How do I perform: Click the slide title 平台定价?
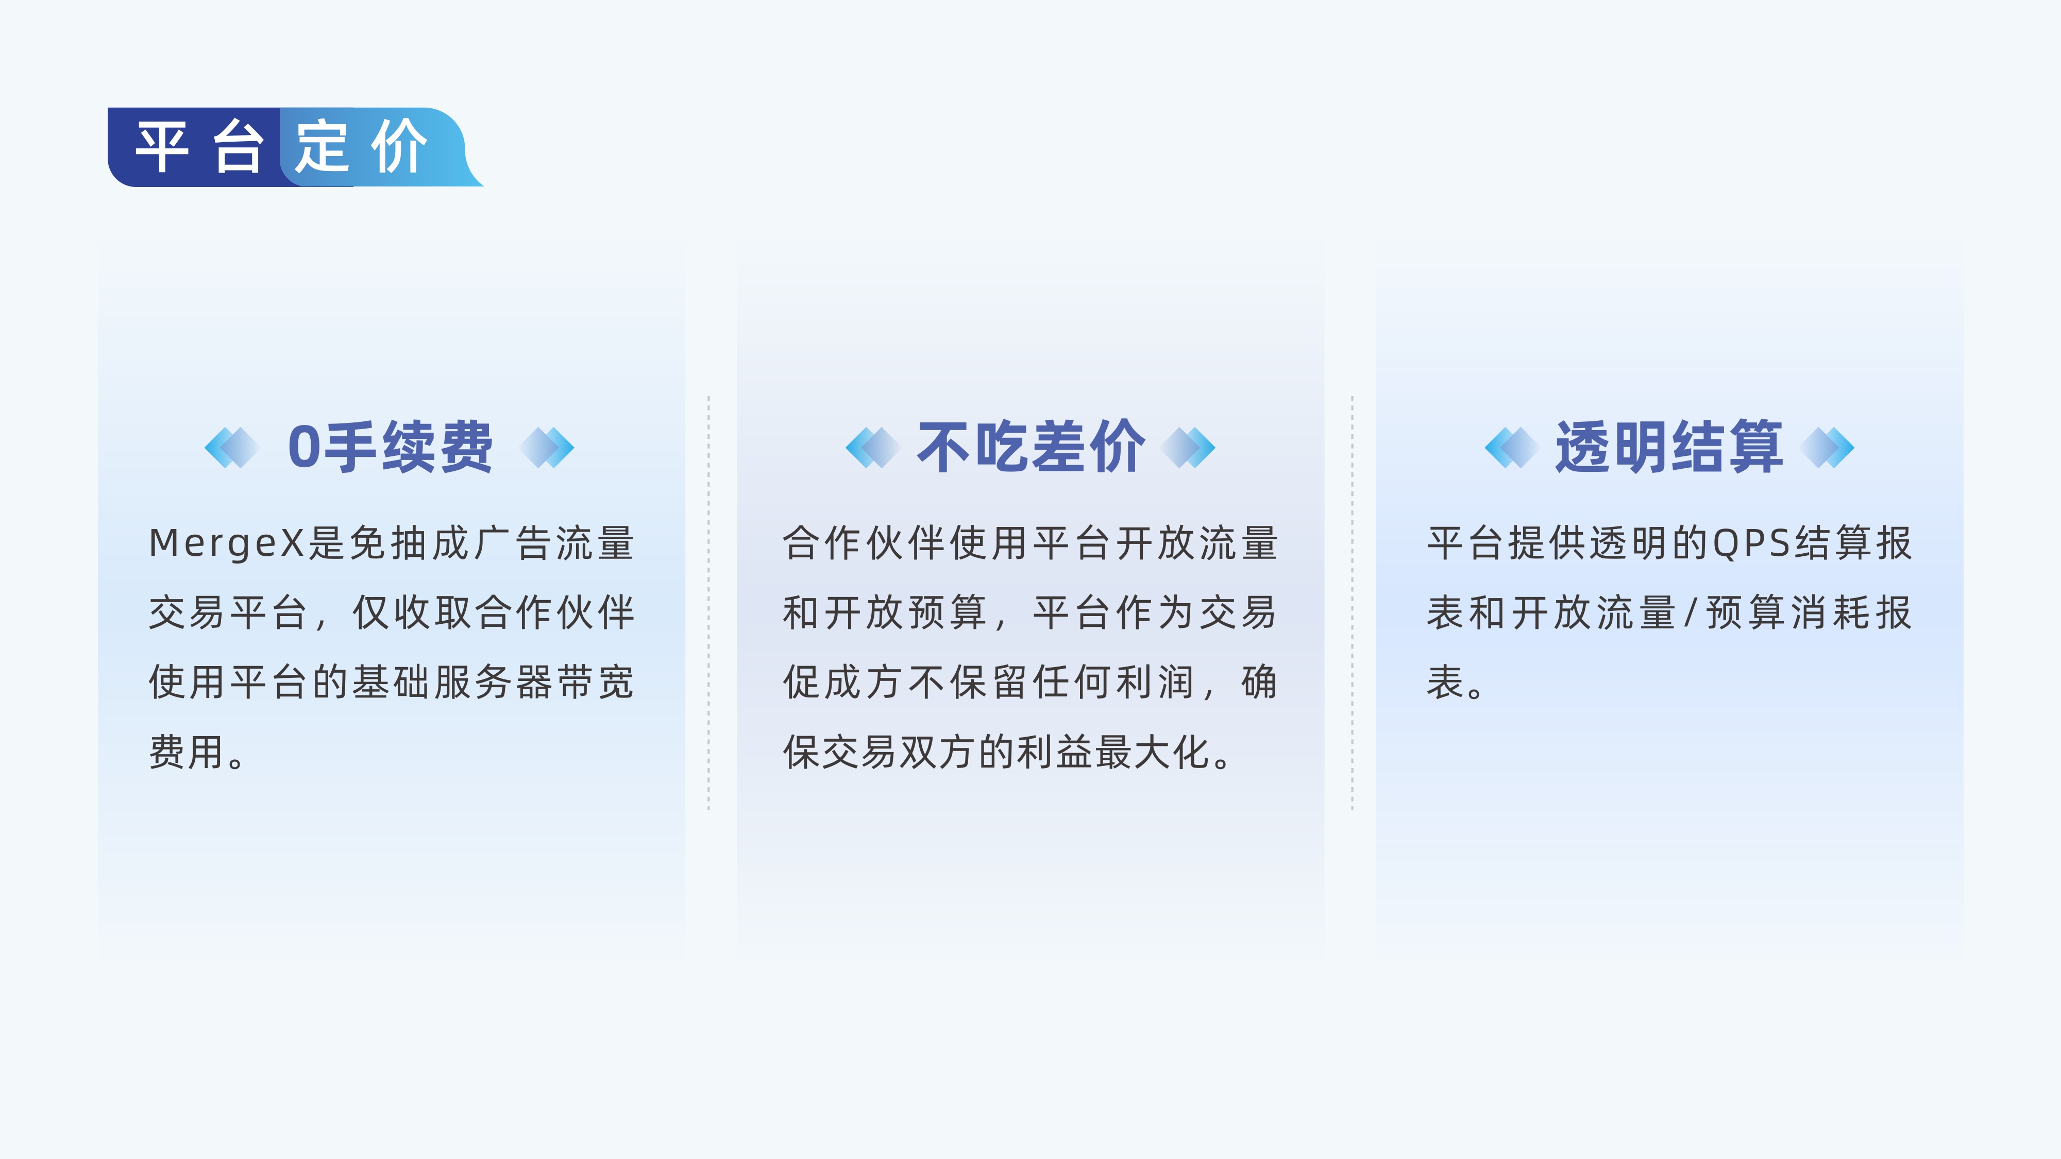pyautogui.click(x=282, y=147)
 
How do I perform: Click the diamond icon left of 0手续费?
pyautogui.click(x=232, y=447)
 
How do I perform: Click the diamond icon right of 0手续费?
pyautogui.click(x=547, y=447)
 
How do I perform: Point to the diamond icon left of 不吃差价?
pyautogui.click(x=873, y=447)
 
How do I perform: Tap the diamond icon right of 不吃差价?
pyautogui.click(x=1188, y=447)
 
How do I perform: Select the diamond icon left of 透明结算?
pyautogui.click(x=1511, y=447)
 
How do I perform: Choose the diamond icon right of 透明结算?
pyautogui.click(x=1827, y=447)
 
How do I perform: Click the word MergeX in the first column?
pyautogui.click(x=226, y=544)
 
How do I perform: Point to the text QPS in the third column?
pyautogui.click(x=1751, y=544)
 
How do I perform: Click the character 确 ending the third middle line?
pyautogui.click(x=1259, y=683)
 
